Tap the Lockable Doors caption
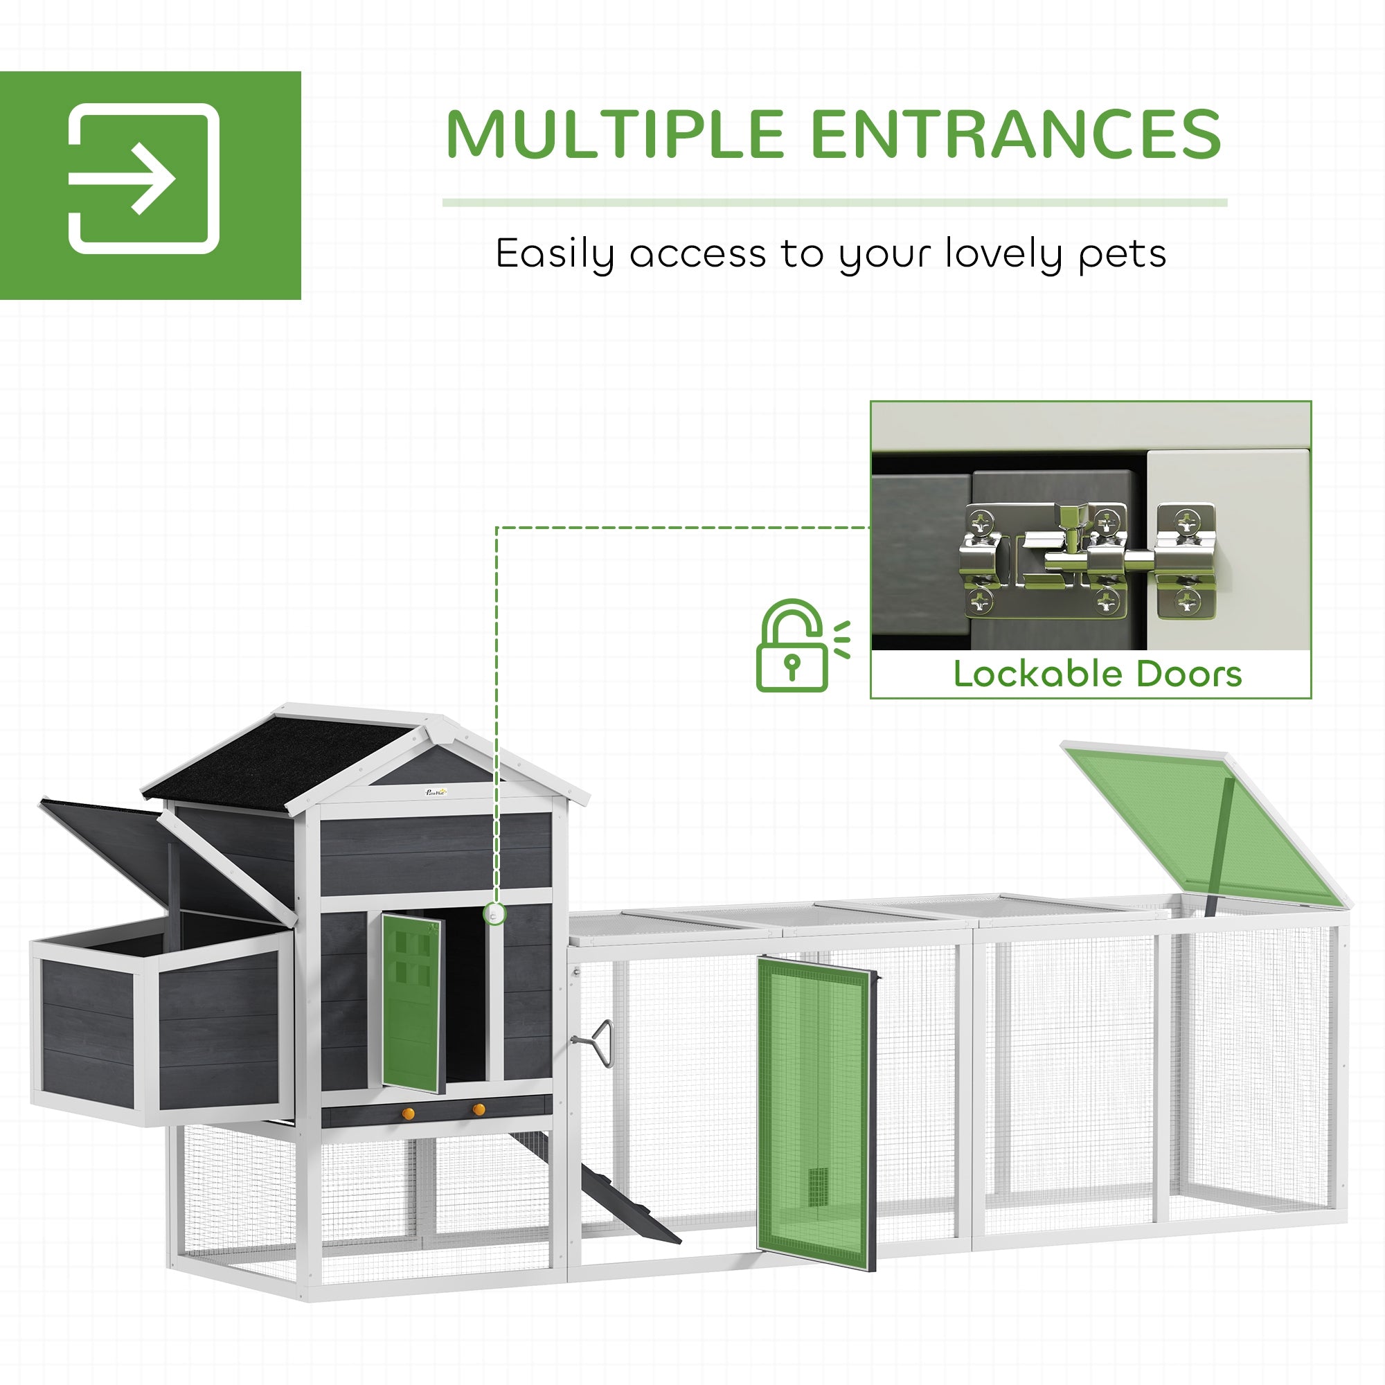click(1097, 674)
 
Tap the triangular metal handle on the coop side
click(602, 1043)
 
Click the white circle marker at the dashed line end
click(494, 914)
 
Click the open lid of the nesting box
click(165, 860)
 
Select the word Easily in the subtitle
click(554, 253)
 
